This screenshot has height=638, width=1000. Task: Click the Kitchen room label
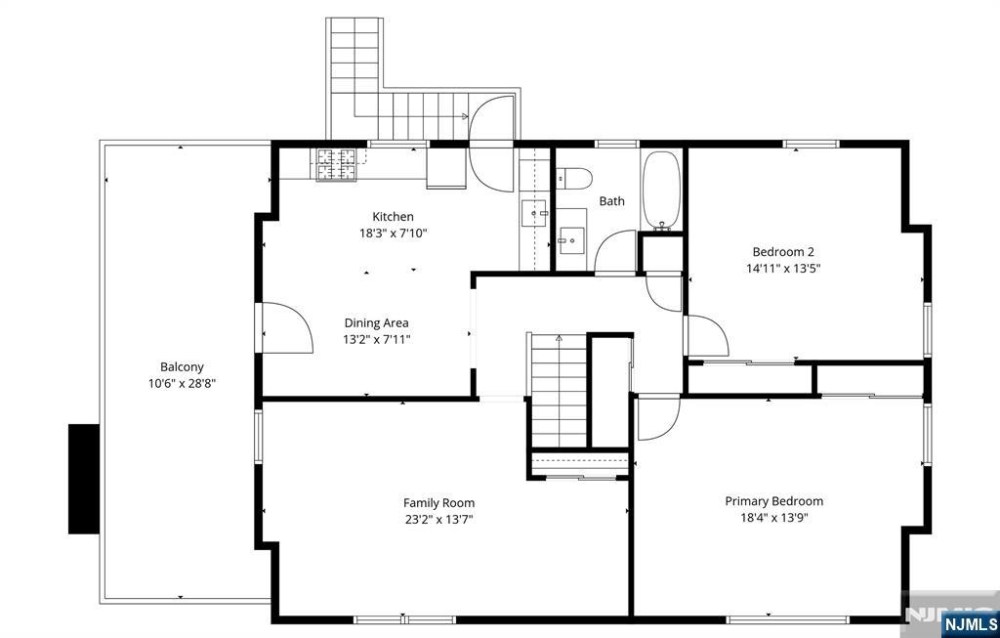393,217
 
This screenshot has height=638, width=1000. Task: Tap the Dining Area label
376,322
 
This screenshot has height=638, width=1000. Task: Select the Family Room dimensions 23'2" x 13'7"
438,520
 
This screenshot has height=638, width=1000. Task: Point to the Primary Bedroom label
773,501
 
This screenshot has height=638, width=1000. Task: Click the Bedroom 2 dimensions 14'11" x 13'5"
783,269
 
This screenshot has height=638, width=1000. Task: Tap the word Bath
611,201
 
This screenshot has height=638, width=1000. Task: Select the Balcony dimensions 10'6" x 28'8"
182,383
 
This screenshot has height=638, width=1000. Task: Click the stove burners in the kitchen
337,164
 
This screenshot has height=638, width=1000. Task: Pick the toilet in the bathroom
573,179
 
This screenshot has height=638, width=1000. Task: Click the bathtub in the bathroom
661,191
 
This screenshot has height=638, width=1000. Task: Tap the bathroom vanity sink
571,240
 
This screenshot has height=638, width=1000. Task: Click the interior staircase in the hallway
559,391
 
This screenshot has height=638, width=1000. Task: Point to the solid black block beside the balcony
84,479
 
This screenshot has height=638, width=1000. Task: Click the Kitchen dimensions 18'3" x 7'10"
393,234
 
